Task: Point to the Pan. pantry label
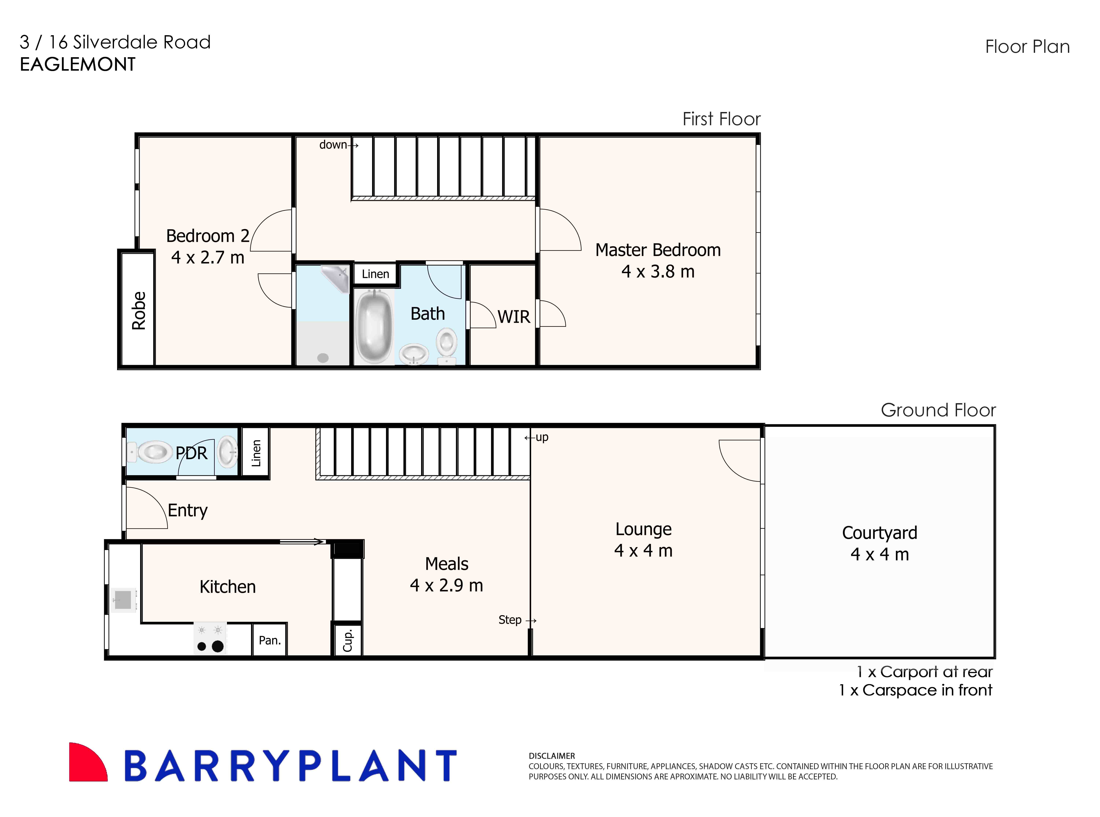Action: pos(269,640)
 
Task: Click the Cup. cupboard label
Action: pos(347,640)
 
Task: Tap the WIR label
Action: pos(514,316)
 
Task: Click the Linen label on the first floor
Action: pos(375,274)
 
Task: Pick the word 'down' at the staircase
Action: pos(333,145)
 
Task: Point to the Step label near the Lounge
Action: pos(510,620)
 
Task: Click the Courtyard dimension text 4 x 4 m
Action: pos(880,554)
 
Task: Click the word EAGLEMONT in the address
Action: pos(78,64)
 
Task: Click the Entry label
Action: pos(187,510)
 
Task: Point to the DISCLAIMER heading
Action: pos(552,756)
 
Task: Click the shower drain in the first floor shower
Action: pos(323,358)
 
